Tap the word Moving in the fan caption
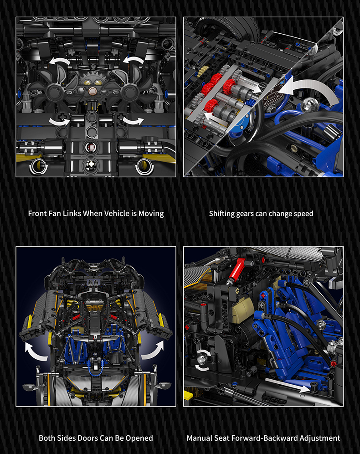point(151,214)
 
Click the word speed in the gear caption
point(303,214)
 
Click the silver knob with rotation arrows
point(202,360)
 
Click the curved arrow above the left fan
point(59,61)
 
